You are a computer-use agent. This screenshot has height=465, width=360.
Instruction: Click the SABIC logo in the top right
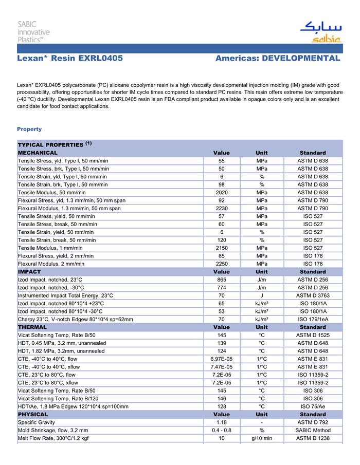pos(320,32)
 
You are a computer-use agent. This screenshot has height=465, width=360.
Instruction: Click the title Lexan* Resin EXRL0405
pos(70,59)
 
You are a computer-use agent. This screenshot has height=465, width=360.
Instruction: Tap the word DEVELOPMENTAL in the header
pos(301,59)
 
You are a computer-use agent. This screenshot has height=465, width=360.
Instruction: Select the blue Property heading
pos(29,129)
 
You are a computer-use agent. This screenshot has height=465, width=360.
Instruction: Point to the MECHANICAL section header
pos(38,153)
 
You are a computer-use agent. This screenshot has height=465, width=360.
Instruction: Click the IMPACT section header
pos(29,271)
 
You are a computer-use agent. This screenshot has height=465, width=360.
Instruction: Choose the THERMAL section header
pos(32,327)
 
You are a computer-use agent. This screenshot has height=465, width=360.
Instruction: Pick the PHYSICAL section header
pos(33,414)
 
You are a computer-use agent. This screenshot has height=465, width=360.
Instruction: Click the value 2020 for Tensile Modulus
pos(222,192)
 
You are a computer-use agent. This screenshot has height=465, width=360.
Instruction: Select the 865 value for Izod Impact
pos(222,280)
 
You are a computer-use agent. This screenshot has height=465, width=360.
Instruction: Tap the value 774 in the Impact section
pos(222,288)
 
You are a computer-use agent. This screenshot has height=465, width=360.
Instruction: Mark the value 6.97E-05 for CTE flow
pos(222,359)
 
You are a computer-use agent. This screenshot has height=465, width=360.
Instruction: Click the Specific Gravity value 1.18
pos(222,422)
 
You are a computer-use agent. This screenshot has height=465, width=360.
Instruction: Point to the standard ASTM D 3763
pos(313,295)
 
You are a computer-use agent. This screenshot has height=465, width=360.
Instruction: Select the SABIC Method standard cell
pos(313,430)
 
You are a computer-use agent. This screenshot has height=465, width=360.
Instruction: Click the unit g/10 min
pos(262,438)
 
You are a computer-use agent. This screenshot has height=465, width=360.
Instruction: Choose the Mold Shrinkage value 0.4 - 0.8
pos(222,430)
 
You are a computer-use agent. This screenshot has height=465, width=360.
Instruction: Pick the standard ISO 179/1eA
pos(313,319)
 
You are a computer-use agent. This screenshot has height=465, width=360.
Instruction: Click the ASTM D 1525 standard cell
pos(313,335)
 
